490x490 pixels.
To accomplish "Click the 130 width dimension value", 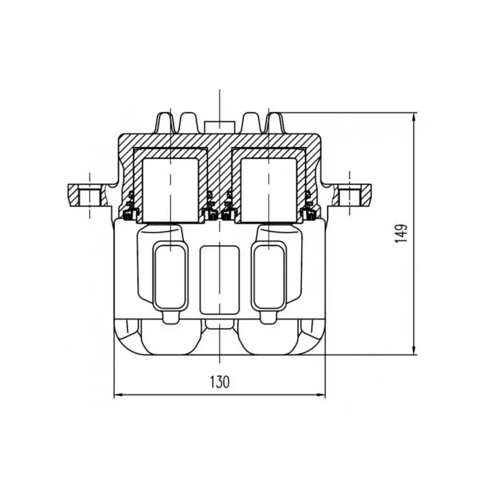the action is pyautogui.click(x=219, y=382).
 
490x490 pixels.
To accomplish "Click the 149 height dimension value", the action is pyautogui.click(x=401, y=233).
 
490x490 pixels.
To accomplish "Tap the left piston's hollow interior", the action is pyautogui.click(x=171, y=190).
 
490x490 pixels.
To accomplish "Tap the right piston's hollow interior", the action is pyautogui.click(x=269, y=190).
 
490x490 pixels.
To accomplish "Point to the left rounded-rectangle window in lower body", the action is pyautogui.click(x=170, y=277).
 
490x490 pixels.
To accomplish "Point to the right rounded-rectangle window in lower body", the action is pyautogui.click(x=269, y=277).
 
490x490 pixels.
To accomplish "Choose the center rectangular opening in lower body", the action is pyautogui.click(x=219, y=280).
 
